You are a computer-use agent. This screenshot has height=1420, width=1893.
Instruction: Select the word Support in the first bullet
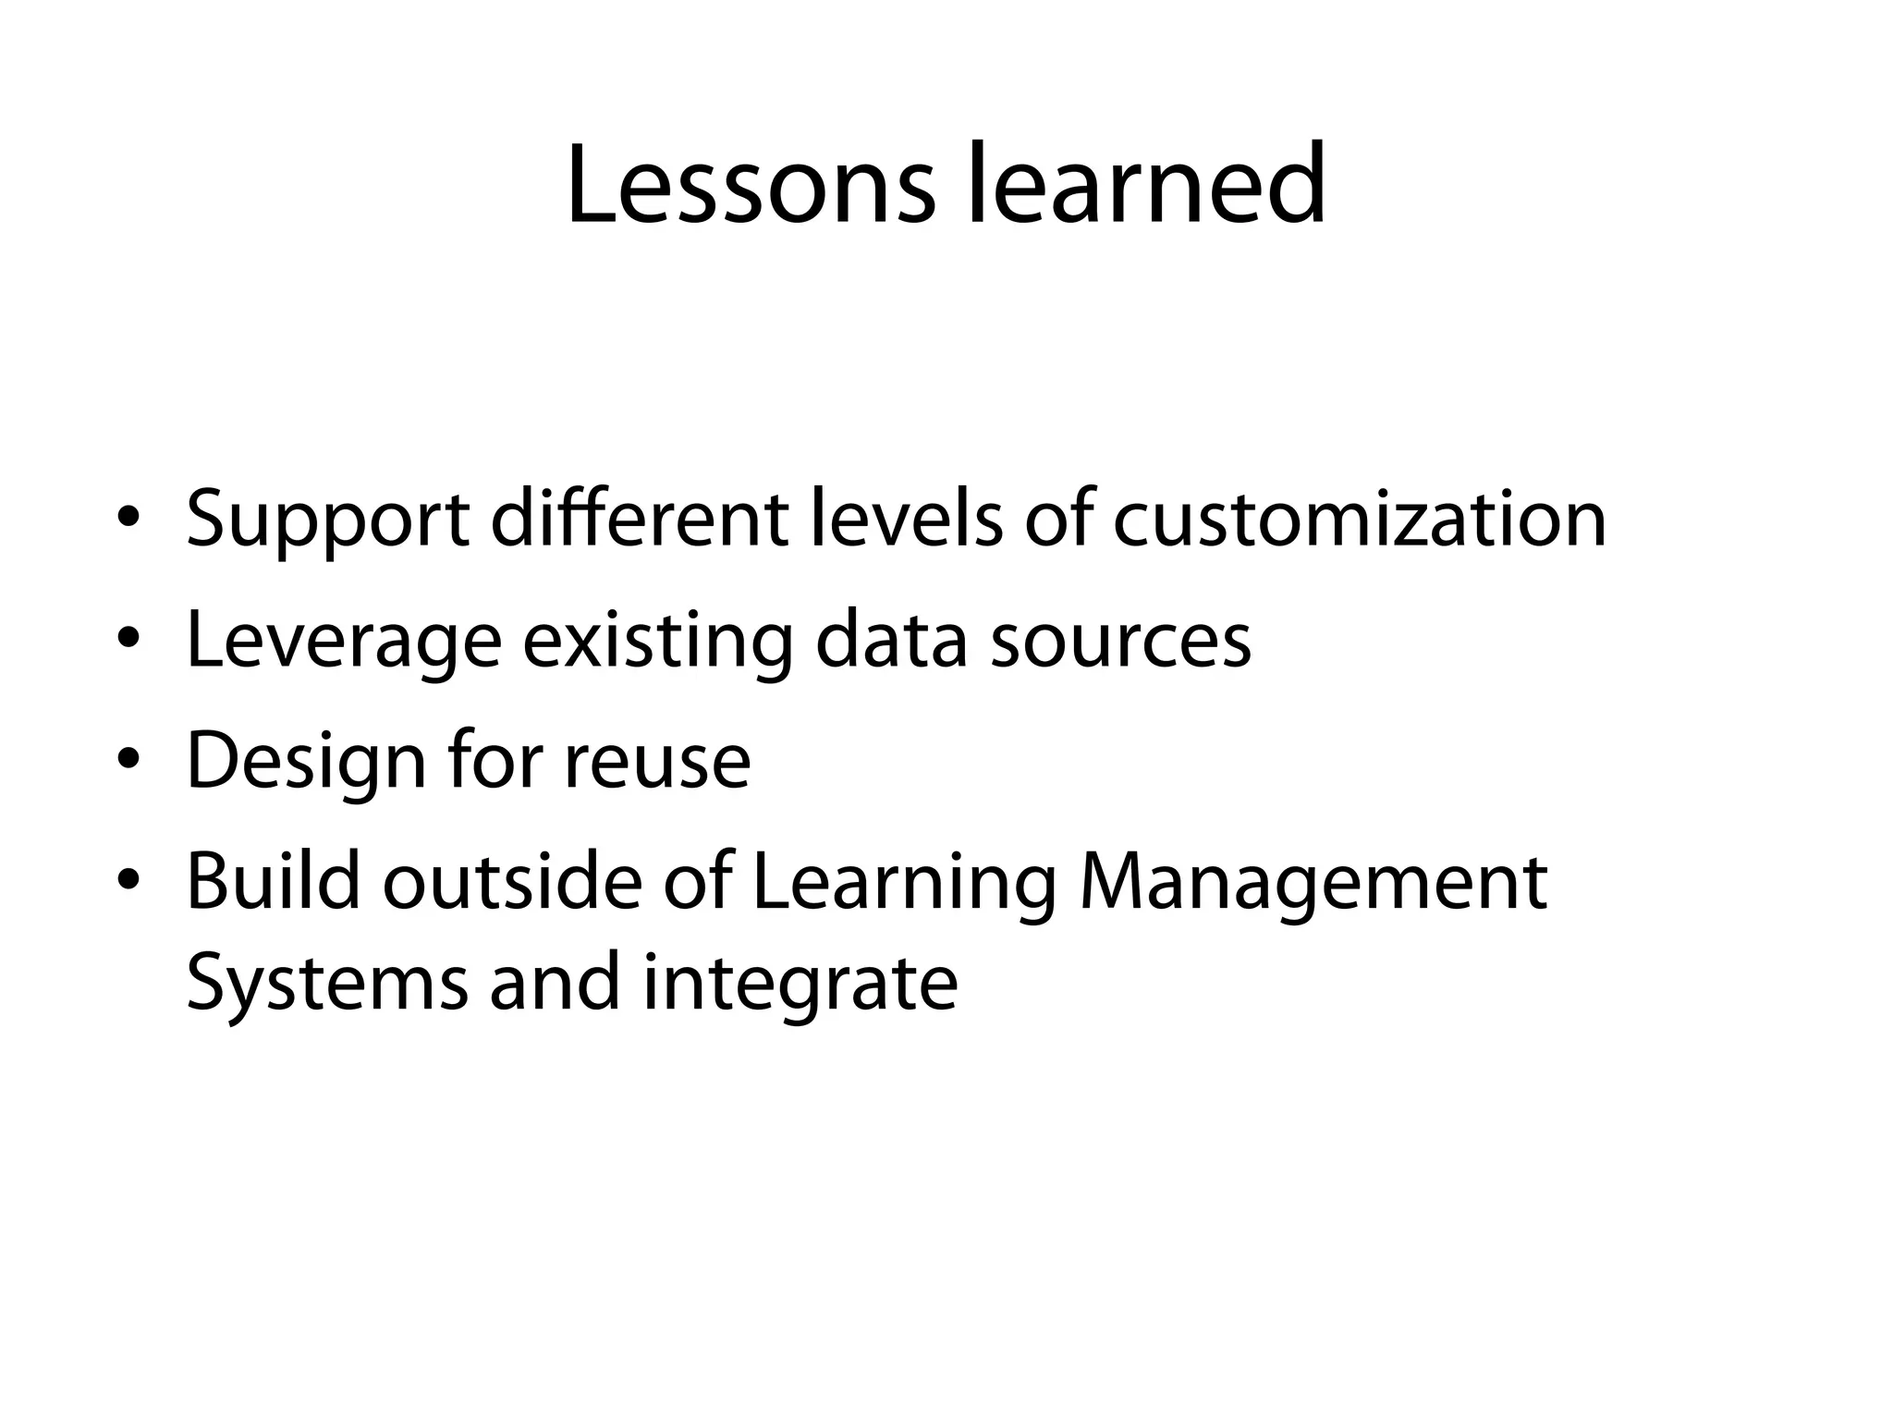tap(327, 520)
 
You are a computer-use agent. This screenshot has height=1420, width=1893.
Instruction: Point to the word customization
tap(1360, 520)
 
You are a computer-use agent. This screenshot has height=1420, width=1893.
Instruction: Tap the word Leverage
tap(344, 642)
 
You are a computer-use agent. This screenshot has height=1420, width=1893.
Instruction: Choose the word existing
tap(657, 642)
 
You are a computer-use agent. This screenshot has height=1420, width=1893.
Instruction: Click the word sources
tap(1120, 642)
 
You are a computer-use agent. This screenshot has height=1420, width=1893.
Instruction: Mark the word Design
tap(306, 763)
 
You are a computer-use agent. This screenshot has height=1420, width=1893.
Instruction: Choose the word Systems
tap(327, 984)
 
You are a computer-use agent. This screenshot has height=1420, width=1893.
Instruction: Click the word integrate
tap(800, 984)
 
